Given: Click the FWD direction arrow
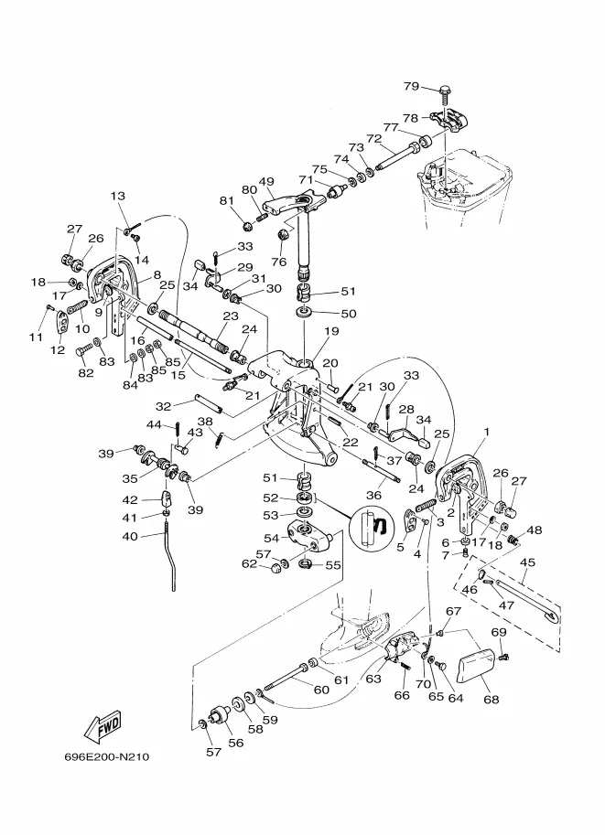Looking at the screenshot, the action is (x=103, y=726).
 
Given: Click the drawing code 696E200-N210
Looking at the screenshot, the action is (x=107, y=756).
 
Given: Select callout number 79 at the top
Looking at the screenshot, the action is (x=412, y=86).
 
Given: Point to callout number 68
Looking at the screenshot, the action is (x=491, y=699).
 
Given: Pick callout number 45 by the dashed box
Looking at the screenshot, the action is (x=527, y=562).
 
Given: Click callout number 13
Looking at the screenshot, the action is (x=118, y=196).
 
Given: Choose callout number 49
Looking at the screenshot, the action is (x=266, y=182).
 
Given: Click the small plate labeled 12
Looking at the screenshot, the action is (x=62, y=321).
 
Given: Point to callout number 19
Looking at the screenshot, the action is (x=331, y=331).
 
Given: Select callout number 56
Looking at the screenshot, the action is (x=235, y=743).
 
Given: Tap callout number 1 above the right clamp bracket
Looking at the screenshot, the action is (x=486, y=432).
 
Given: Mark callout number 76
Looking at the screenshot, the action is (x=279, y=262).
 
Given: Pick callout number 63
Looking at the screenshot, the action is (x=373, y=679).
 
